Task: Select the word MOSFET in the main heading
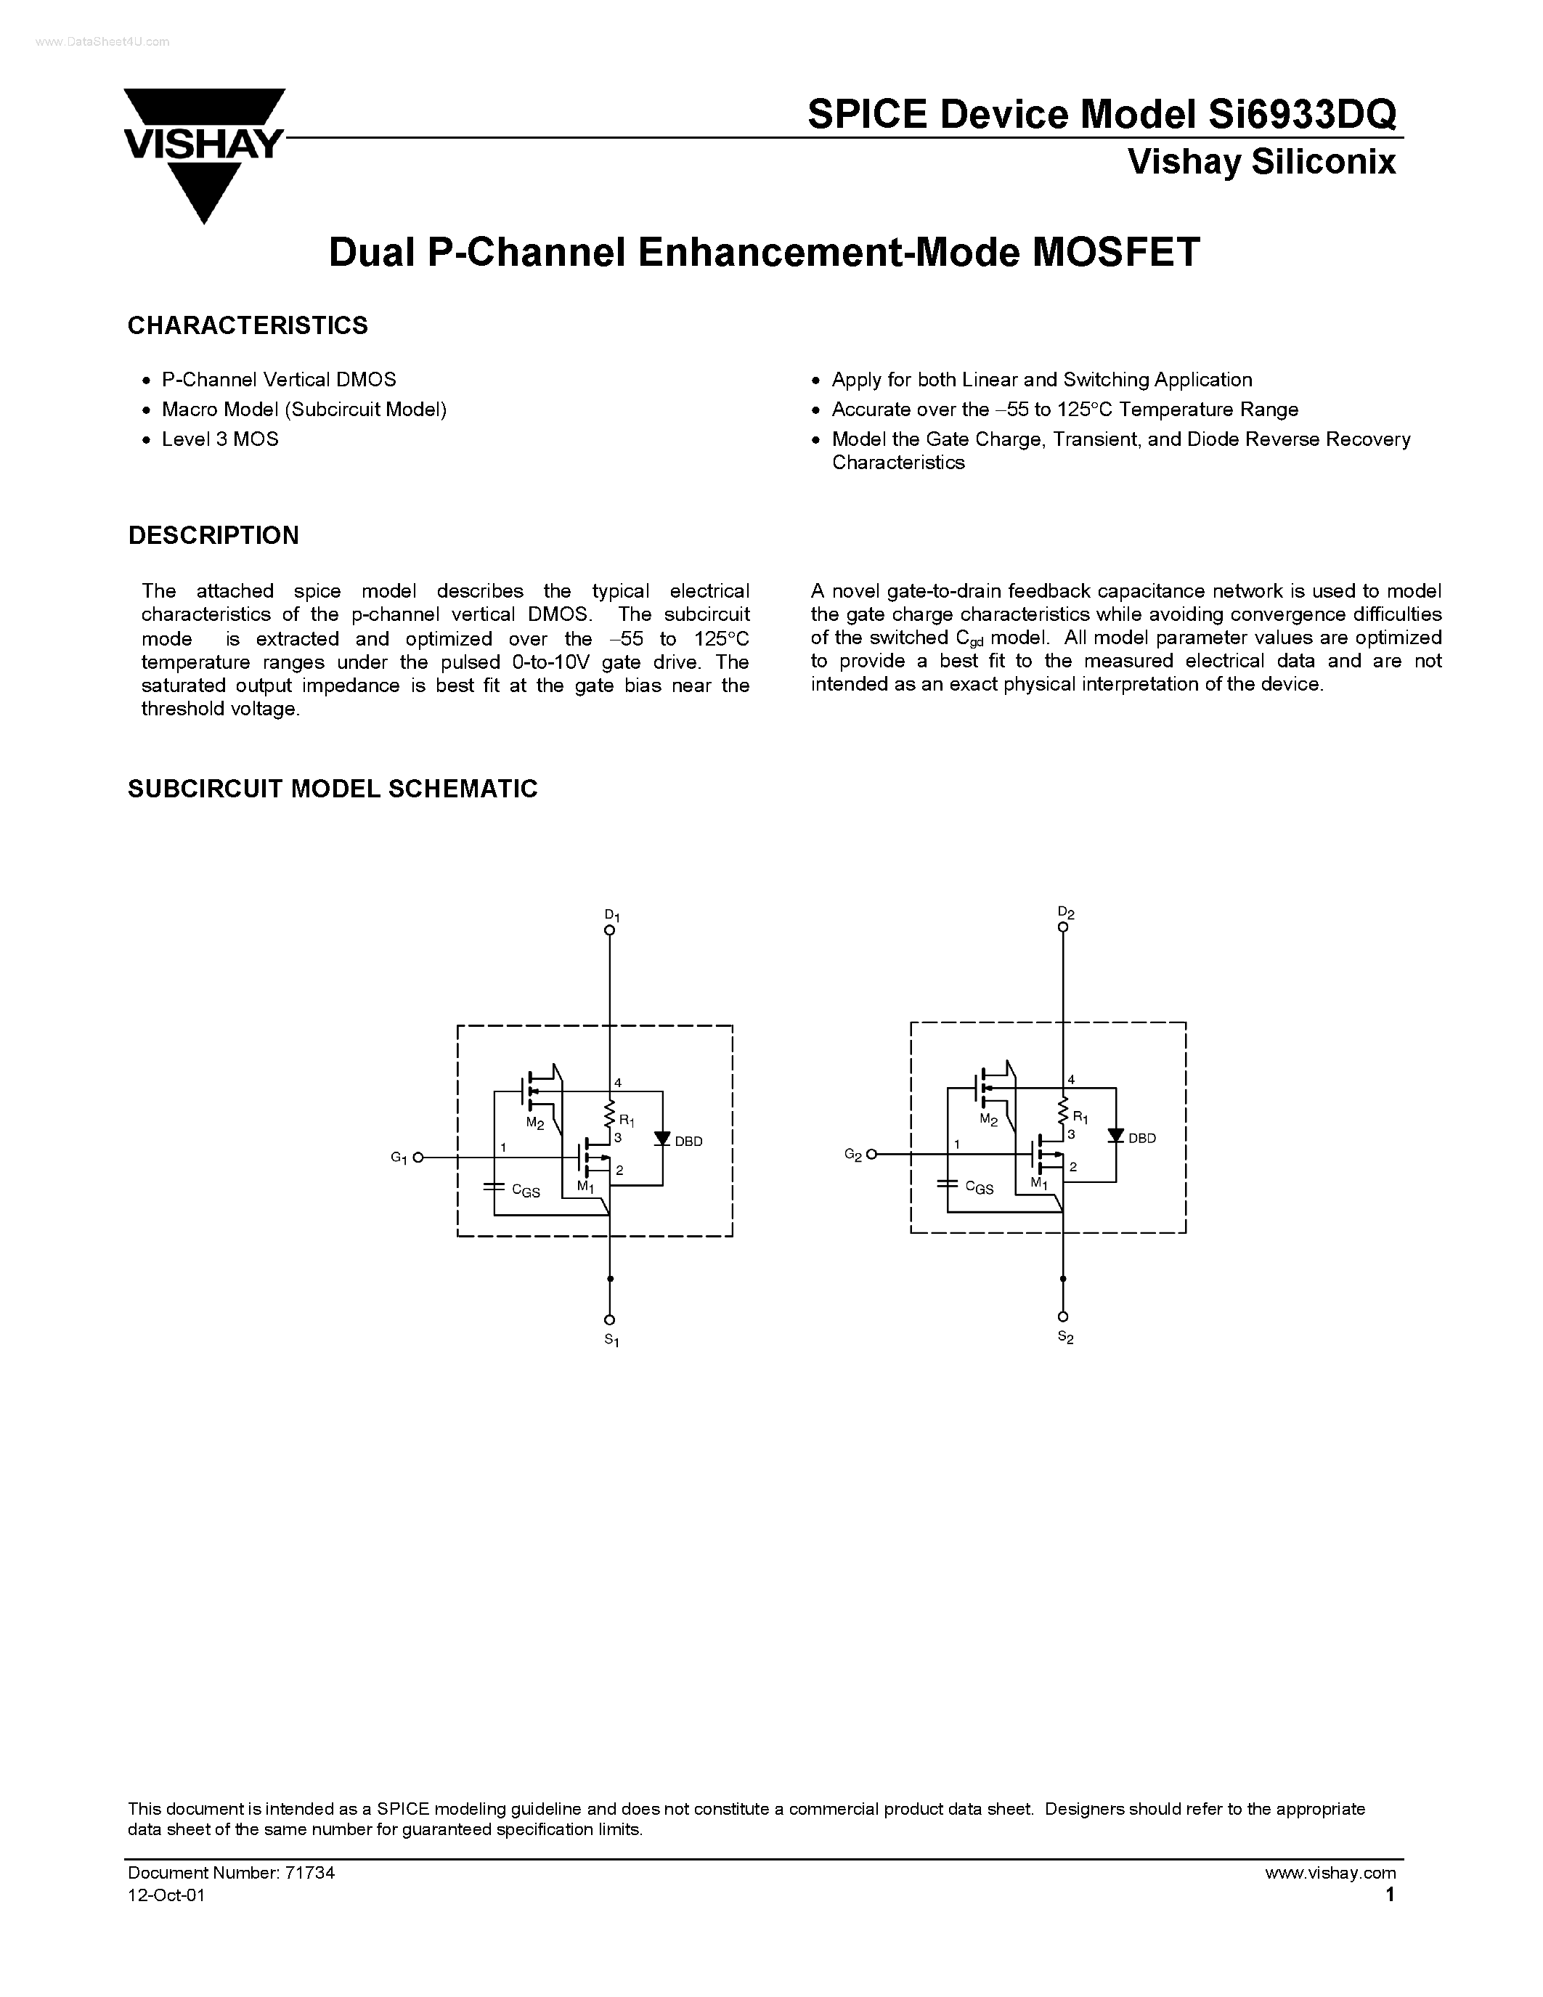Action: tap(1115, 253)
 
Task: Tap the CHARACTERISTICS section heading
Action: tap(248, 325)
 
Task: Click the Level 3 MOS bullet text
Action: tap(219, 439)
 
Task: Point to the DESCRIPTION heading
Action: tap(213, 536)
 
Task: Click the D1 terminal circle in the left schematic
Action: tap(610, 931)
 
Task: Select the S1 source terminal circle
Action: tap(610, 1319)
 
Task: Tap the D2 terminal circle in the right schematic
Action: tap(1063, 927)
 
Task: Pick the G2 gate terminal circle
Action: tap(872, 1155)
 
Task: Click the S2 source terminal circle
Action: tap(1063, 1317)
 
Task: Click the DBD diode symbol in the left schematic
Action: tap(663, 1139)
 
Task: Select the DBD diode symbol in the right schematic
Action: tap(1115, 1136)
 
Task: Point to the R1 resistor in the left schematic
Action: tap(610, 1114)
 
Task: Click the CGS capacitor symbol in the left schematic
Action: tap(494, 1187)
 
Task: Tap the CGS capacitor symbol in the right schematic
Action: tap(947, 1184)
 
